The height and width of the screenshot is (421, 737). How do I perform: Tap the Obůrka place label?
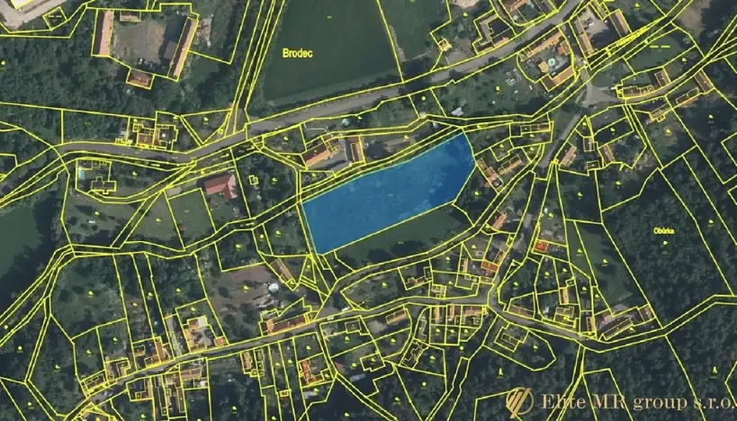pos(665,229)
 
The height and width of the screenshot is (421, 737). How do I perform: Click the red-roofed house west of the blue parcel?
pos(220,186)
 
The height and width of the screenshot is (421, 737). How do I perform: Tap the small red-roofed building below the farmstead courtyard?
pos(139,79)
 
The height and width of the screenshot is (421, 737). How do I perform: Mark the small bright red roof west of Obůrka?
pos(542,245)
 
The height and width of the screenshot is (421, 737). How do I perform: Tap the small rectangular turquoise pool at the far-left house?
pos(82,171)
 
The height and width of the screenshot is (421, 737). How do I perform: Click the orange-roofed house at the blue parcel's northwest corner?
pos(318,156)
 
